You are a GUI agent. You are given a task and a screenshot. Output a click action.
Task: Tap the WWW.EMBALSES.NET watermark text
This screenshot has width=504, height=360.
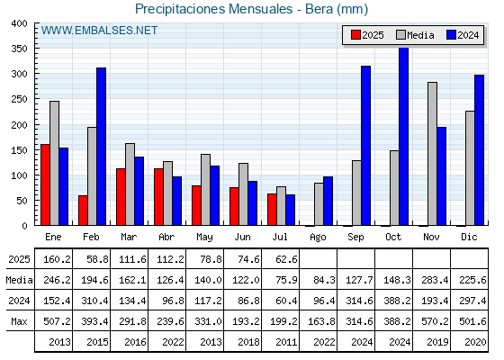tap(99, 31)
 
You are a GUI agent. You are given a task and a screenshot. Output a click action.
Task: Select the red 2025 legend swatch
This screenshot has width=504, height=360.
tap(355, 35)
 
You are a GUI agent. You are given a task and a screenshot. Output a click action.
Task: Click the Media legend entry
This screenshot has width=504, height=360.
tap(416, 35)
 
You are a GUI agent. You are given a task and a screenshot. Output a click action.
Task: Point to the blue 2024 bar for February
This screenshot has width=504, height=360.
tap(101, 147)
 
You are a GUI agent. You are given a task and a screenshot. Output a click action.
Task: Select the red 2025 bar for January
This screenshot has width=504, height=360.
tap(45, 184)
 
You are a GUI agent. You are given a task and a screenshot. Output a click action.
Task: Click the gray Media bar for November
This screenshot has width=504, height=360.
tap(432, 154)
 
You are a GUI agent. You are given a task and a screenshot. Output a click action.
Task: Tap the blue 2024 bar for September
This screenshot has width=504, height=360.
tap(365, 146)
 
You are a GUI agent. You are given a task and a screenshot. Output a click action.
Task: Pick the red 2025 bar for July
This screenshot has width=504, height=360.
tap(272, 210)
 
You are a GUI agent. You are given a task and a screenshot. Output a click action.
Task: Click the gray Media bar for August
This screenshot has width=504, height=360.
tap(319, 204)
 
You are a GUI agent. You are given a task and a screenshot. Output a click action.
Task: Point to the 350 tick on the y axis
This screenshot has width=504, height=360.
tap(20, 49)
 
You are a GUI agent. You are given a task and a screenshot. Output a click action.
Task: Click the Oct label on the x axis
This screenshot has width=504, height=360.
tap(393, 238)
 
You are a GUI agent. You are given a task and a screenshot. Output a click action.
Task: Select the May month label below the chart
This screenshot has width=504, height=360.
tap(204, 238)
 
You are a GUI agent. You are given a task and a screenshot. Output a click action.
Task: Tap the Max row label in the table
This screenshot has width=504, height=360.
tap(19, 321)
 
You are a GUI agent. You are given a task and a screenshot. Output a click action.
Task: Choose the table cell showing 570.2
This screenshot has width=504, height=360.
tap(435, 321)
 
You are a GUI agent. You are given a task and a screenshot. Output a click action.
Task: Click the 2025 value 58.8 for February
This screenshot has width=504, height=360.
tap(97, 259)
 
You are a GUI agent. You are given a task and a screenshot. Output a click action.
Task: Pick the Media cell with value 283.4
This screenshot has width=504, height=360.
tap(435, 280)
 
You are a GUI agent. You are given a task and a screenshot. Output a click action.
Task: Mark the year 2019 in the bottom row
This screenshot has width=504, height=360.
tap(437, 342)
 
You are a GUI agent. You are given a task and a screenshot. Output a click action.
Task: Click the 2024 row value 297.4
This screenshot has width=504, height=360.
tap(472, 301)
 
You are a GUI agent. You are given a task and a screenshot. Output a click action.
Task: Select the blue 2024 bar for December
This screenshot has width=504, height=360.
tap(479, 150)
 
